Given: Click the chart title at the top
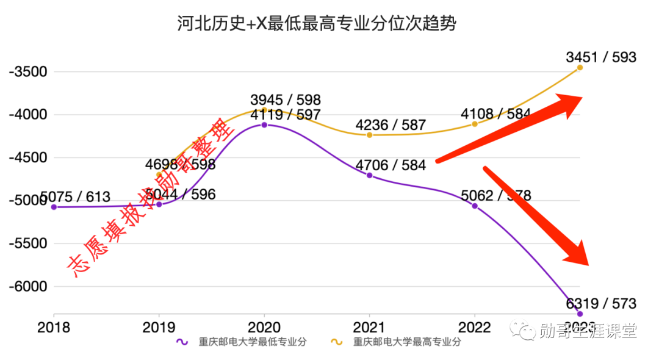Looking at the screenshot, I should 317,24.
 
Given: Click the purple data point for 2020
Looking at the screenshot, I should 264,124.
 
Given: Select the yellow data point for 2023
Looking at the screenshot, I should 580,68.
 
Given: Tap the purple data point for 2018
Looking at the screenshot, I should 54,207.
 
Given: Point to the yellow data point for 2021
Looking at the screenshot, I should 369,135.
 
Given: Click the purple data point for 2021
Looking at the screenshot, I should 369,175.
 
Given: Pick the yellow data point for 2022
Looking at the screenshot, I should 475,124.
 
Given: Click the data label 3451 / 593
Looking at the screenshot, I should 601,57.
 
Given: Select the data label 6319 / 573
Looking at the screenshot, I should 601,303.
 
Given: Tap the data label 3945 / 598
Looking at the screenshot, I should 286,99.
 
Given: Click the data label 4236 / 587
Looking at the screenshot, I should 391,125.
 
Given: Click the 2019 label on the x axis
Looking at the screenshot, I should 159,328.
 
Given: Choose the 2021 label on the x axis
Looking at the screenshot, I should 369,328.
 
